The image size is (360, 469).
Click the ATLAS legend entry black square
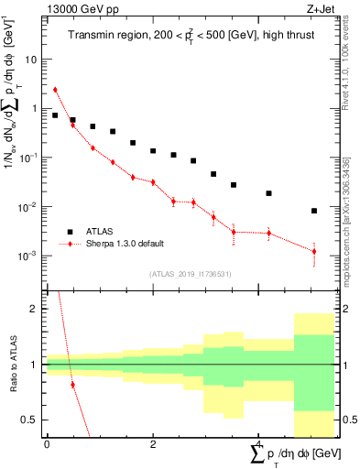(70, 232)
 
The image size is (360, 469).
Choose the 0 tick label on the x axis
(47, 443)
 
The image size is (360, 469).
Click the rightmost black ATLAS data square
(314, 211)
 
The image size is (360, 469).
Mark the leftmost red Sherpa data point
(55, 90)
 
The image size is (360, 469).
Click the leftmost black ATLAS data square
(55, 115)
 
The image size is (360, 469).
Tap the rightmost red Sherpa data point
(314, 251)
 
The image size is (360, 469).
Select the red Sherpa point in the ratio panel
(72, 385)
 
